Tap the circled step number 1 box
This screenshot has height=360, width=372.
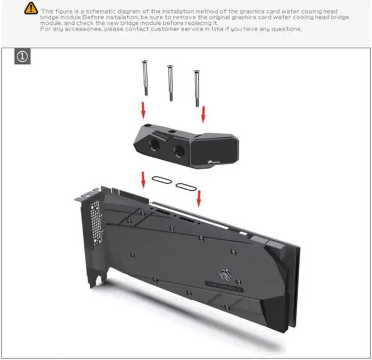pyautogui.click(x=22, y=57)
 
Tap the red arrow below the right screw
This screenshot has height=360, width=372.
pyautogui.click(x=203, y=115)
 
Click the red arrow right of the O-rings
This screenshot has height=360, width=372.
pyautogui.click(x=199, y=199)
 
